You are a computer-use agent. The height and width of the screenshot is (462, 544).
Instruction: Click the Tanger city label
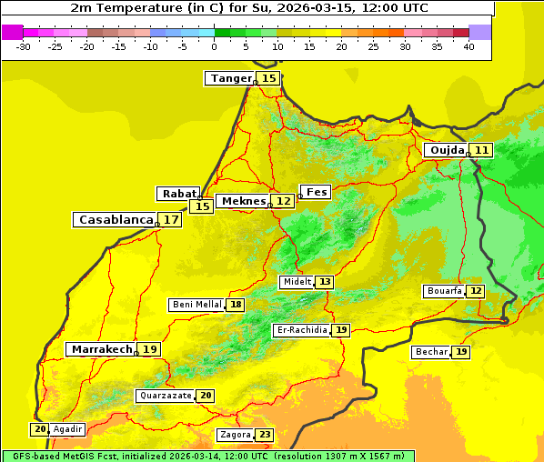click(x=230, y=78)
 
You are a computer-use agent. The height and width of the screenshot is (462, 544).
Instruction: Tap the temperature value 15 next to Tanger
click(x=269, y=78)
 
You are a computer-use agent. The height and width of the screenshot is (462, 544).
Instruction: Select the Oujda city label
click(x=447, y=150)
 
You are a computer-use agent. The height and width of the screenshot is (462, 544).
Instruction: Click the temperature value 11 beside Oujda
click(x=481, y=150)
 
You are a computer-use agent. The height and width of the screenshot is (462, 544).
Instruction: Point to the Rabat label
click(x=178, y=194)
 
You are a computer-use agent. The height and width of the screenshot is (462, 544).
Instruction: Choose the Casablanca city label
click(x=116, y=220)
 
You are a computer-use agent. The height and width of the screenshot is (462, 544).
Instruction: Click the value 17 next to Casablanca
click(x=171, y=220)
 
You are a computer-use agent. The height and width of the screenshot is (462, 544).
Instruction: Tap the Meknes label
click(x=244, y=201)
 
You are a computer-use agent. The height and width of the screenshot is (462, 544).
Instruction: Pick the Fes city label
click(x=316, y=192)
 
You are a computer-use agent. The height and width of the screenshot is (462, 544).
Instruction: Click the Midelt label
click(x=297, y=282)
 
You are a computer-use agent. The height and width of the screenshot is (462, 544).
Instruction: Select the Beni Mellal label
click(x=196, y=305)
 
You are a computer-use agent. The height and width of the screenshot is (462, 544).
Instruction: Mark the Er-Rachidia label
click(x=301, y=330)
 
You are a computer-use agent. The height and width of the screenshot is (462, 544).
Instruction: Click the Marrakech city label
click(x=101, y=349)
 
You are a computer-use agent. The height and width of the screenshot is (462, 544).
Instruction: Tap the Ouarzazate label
click(x=165, y=396)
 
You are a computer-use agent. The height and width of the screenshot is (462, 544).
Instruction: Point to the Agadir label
click(x=67, y=429)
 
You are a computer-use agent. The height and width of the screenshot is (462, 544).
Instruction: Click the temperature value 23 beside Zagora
click(x=264, y=435)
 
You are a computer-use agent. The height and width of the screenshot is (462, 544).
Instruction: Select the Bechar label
click(x=430, y=352)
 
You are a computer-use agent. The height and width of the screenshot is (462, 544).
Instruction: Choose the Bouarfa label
click(x=444, y=291)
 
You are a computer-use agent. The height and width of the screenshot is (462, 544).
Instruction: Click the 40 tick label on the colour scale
click(x=468, y=46)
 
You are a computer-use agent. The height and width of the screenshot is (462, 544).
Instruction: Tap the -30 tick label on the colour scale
click(x=24, y=46)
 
